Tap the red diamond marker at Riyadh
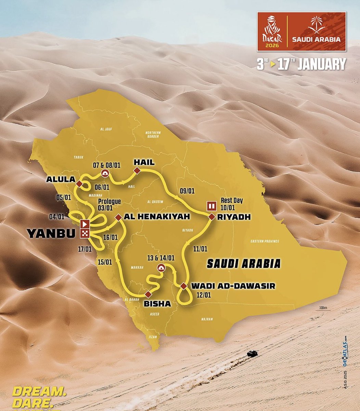[x=211, y=216]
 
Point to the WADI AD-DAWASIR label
[x=233, y=286]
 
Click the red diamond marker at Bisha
[x=148, y=294]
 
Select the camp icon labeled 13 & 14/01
[x=160, y=268]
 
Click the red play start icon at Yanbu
[x=85, y=225]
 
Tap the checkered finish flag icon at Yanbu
[x=85, y=234]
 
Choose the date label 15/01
[x=105, y=262]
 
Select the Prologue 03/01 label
[x=109, y=204]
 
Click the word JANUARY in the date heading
[x=321, y=64]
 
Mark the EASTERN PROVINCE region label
[x=265, y=241]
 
